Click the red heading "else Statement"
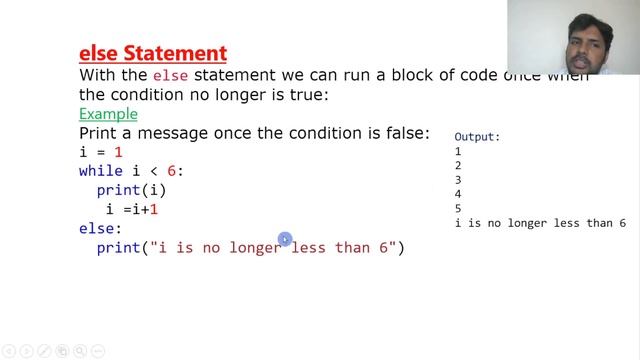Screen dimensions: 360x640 (152, 52)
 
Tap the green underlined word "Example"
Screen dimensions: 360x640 (108, 114)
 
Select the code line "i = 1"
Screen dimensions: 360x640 (101, 152)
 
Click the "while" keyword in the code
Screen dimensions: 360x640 (100, 171)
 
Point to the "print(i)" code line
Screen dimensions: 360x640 (131, 190)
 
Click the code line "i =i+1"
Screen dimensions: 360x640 (132, 209)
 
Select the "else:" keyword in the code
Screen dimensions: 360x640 (100, 228)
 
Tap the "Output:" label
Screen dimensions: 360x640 (477, 137)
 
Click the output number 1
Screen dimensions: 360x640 (458, 151)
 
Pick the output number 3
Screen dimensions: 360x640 (458, 180)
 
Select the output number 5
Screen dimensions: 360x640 (458, 208)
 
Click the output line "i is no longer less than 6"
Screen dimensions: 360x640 (540, 223)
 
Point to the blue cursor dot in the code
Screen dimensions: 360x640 (285, 239)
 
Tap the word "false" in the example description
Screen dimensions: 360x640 (406, 133)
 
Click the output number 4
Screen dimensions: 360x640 (458, 194)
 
